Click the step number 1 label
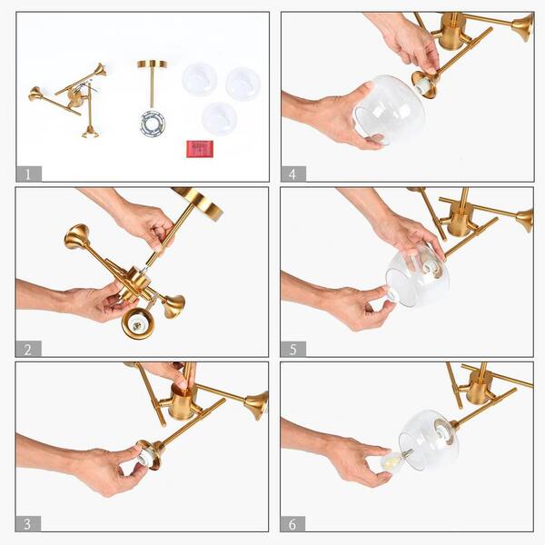point(28,173)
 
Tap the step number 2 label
point(28,349)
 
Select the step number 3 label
point(28,524)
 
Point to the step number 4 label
point(293,173)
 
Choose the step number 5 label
point(293,349)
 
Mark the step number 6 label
point(292,524)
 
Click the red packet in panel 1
point(200,149)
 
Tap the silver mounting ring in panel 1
point(153,124)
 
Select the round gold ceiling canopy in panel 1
point(152,64)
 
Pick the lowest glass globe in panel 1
point(220,118)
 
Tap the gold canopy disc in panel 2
point(203,204)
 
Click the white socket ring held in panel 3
point(145,457)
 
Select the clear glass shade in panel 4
point(390,110)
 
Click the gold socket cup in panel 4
point(425,84)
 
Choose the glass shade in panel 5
point(418,275)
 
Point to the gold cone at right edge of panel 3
point(257,406)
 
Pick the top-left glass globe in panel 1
point(199,79)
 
